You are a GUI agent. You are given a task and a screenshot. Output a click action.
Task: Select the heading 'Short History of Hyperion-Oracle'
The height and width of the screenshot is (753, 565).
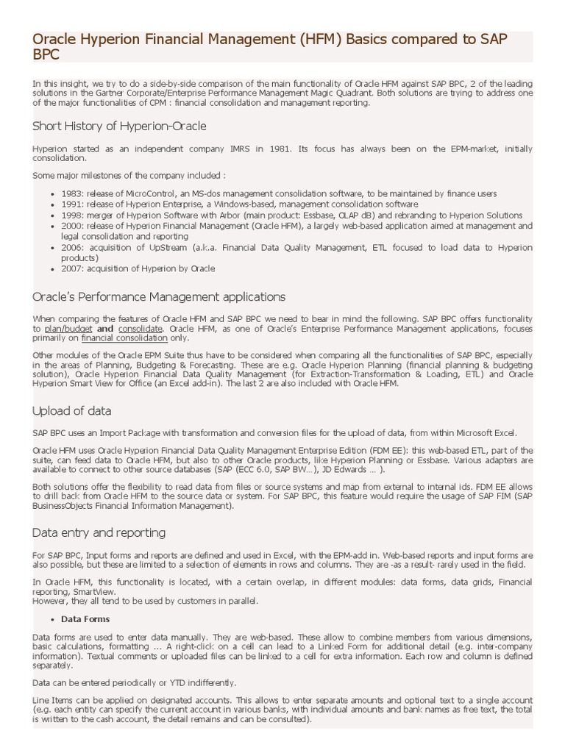(119, 126)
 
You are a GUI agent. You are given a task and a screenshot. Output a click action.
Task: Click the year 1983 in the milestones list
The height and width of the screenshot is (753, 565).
(72, 193)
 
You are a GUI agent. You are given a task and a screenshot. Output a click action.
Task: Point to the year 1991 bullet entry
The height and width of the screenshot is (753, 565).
(72, 204)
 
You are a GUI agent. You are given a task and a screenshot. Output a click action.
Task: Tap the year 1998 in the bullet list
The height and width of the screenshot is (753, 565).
(72, 215)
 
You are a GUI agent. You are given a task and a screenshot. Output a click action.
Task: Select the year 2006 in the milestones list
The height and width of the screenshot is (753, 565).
(72, 248)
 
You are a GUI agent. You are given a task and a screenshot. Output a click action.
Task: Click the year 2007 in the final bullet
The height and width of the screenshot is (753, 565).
(72, 268)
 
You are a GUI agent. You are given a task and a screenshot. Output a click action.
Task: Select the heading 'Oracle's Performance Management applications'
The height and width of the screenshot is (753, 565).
(159, 297)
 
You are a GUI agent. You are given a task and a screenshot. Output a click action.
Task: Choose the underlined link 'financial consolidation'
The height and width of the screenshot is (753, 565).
(124, 339)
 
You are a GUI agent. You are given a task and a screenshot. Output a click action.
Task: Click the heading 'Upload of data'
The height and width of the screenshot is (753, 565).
(72, 410)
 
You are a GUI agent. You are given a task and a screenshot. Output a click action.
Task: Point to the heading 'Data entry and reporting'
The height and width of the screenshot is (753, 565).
(99, 532)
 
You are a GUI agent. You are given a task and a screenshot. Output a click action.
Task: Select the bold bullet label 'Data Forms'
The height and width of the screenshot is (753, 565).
(85, 618)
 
